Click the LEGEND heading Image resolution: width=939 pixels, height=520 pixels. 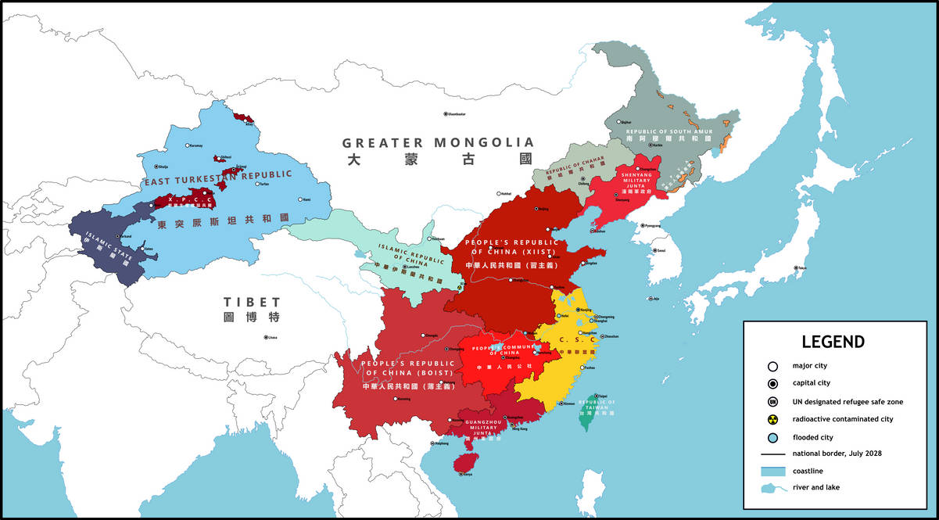[833, 342]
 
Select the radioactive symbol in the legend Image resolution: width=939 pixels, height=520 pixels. [772, 419]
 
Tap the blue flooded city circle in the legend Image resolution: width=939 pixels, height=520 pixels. [772, 437]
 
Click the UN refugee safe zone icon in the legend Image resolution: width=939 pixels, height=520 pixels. [772, 402]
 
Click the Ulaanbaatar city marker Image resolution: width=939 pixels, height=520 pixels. [446, 114]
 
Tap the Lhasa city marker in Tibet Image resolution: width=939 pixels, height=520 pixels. [264, 338]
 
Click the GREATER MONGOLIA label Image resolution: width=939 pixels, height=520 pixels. [438, 142]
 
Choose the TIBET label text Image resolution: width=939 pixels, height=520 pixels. [251, 302]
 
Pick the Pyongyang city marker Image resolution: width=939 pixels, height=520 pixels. [643, 225]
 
